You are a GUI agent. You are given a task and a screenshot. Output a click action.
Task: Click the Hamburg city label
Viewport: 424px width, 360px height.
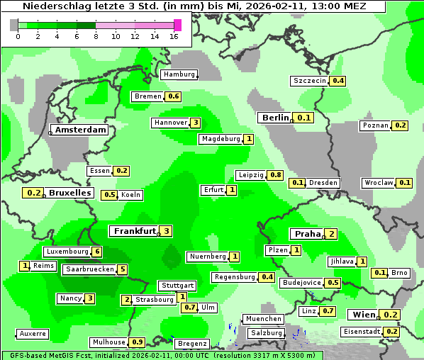pos(179,74)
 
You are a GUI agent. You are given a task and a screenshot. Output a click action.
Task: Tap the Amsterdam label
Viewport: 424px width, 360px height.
pos(80,130)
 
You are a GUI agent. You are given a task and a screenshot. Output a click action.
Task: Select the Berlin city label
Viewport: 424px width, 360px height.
pos(275,118)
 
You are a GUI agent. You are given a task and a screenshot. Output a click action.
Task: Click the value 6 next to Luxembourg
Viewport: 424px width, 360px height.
pos(97,252)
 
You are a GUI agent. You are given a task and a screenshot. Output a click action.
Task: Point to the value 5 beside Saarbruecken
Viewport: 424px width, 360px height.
pos(123,269)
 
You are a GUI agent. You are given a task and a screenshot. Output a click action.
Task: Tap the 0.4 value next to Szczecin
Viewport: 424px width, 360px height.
pos(338,81)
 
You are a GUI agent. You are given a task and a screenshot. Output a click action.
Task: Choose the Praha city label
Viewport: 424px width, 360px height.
pos(308,234)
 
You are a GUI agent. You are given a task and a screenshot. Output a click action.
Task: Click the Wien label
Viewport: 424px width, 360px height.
pos(364,315)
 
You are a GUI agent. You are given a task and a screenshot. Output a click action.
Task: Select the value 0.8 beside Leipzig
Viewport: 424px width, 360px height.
pos(276,175)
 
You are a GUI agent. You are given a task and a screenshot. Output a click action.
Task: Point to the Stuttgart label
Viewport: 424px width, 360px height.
pos(177,286)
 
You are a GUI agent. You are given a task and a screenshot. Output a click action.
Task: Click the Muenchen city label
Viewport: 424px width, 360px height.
pos(262,319)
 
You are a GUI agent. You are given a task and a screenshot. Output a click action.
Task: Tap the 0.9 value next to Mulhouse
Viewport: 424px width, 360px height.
pos(138,342)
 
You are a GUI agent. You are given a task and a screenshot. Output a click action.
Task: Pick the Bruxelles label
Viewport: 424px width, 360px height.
pos(69,193)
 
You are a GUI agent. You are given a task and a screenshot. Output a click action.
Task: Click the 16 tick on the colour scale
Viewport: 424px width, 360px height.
pos(174,36)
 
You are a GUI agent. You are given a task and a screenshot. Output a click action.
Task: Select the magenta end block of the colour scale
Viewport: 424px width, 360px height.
pos(177,25)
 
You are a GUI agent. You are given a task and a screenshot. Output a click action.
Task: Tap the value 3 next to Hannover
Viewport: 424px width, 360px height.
pos(196,123)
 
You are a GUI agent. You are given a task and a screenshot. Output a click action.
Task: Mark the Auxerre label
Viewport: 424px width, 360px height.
pos(33,333)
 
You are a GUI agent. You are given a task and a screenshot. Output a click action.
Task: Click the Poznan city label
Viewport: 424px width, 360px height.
pos(376,125)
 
